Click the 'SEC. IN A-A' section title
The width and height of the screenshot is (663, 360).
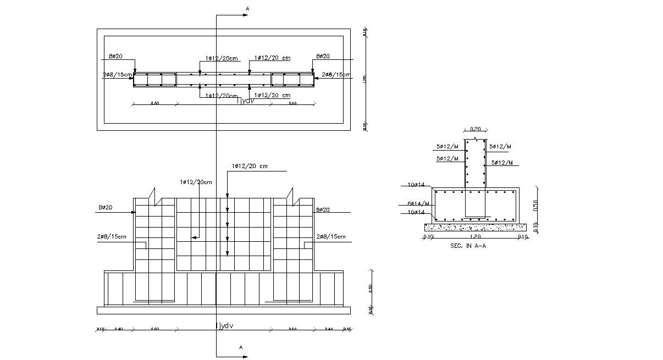pyautogui.click(x=468, y=246)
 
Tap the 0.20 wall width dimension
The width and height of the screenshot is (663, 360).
pyautogui.click(x=475, y=129)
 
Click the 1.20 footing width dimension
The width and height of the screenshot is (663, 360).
pyautogui.click(x=475, y=237)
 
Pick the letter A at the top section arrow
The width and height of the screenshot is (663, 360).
pyautogui.click(x=247, y=9)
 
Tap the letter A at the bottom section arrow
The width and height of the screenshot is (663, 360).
pyautogui.click(x=241, y=347)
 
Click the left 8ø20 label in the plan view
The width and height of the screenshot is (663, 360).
pyautogui.click(x=115, y=56)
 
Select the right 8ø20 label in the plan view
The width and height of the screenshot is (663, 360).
pyautogui.click(x=323, y=56)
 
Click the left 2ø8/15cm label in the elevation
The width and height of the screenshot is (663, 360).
pyautogui.click(x=111, y=237)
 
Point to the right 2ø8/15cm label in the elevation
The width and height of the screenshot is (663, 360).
pyautogui.click(x=331, y=237)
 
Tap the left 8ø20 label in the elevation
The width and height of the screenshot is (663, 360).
pyautogui.click(x=105, y=207)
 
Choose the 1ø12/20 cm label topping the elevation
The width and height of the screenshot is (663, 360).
pyautogui.click(x=250, y=166)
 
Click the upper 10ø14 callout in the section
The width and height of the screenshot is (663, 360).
pyautogui.click(x=416, y=185)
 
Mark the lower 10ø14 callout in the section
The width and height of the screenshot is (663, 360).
pyautogui.click(x=416, y=212)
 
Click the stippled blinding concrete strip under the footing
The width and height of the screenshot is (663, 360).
pyautogui.click(x=475, y=226)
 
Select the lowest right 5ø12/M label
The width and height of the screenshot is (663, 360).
pyautogui.click(x=501, y=163)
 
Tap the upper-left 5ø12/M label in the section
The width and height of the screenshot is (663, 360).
pyautogui.click(x=447, y=147)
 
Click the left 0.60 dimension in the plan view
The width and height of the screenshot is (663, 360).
pyautogui.click(x=155, y=103)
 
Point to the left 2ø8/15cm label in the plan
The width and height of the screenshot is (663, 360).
pyautogui.click(x=117, y=74)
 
